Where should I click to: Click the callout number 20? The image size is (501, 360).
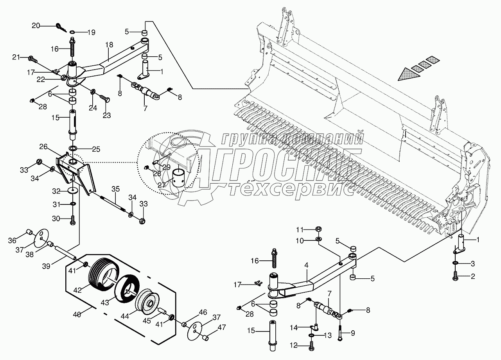click(36, 26)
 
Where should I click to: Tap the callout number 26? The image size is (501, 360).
click(43, 147)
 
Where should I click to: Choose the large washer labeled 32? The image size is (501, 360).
click(72, 190)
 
